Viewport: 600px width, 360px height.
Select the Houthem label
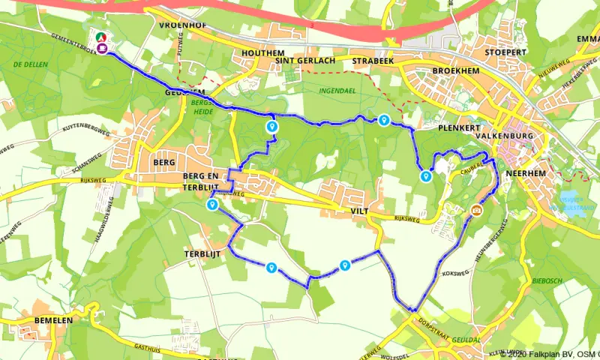coord(259,53)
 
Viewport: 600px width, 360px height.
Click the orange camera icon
coord(476,210)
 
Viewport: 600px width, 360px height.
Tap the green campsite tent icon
coord(100,36)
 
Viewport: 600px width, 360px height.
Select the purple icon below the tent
coord(100,49)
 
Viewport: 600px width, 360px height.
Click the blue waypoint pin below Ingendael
coord(383,120)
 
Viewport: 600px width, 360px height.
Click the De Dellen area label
coord(31,64)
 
